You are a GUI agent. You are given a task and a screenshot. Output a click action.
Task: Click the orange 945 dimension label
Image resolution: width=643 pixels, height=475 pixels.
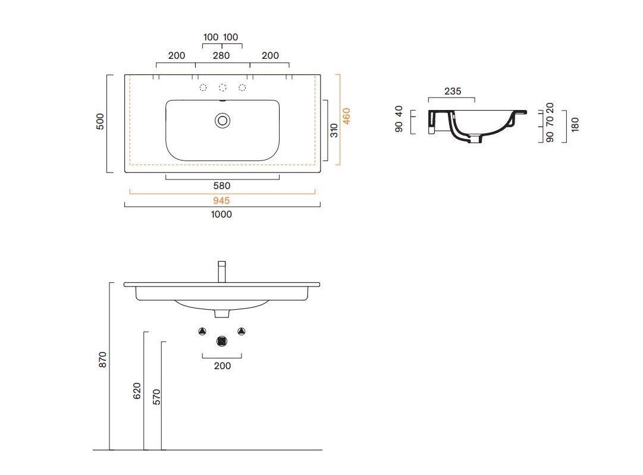click(221, 200)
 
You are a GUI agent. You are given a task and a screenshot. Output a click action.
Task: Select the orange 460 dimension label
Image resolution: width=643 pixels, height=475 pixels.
click(347, 116)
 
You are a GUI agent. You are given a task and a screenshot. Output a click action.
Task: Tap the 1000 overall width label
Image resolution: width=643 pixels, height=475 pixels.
click(221, 215)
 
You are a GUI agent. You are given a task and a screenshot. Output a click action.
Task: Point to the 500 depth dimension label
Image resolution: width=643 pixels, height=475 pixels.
click(100, 121)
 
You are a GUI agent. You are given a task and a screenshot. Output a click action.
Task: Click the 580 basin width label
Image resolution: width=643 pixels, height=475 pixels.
click(222, 185)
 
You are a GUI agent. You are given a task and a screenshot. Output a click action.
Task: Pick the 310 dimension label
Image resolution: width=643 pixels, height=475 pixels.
click(334, 130)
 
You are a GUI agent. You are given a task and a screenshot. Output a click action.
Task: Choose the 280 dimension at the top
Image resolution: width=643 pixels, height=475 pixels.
click(221, 55)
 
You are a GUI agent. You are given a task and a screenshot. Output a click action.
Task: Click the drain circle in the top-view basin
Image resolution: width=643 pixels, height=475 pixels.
click(222, 121)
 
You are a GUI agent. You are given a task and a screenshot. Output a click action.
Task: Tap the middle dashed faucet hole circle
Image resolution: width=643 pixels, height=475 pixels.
click(222, 87)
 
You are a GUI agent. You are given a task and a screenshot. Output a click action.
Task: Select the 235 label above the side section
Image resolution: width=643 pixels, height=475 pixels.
click(453, 91)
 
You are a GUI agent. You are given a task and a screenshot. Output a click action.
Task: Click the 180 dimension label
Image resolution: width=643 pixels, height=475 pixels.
click(575, 124)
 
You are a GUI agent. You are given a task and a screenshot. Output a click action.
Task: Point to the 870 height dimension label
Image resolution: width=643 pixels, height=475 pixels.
click(102, 360)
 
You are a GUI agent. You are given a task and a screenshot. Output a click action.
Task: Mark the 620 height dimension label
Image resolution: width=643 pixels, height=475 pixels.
click(137, 391)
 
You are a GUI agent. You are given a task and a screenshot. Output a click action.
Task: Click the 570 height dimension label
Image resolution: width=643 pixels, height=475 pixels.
click(156, 397)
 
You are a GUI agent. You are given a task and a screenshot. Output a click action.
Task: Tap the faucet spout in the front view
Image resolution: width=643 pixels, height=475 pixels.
click(222, 272)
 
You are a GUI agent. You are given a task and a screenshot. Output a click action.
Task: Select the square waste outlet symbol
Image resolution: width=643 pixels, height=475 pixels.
click(222, 341)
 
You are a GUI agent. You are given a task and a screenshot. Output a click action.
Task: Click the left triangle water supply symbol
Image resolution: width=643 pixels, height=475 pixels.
click(202, 331)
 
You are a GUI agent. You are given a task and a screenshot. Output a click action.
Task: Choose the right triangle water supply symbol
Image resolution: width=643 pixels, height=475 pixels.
click(241, 331)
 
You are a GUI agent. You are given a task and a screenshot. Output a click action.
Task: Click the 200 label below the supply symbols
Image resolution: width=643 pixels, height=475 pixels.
click(222, 366)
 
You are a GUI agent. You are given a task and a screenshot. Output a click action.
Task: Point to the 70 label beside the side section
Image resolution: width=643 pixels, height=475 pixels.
click(550, 121)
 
